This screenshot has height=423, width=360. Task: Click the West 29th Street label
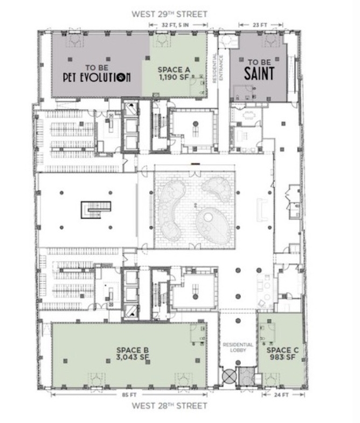pyautogui.click(x=169, y=14)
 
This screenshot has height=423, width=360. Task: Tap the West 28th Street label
pyautogui.click(x=169, y=406)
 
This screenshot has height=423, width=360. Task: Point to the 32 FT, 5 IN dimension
pyautogui.click(x=175, y=25)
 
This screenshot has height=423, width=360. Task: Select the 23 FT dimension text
pyautogui.click(x=260, y=25)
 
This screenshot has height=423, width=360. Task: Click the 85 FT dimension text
pyautogui.click(x=129, y=395)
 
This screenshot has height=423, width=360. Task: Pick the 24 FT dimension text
pyautogui.click(x=281, y=395)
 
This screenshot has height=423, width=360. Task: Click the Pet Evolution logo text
pyautogui.click(x=97, y=77)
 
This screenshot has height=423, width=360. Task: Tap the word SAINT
pyautogui.click(x=259, y=73)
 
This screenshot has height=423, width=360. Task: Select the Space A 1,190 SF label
pyautogui.click(x=174, y=73)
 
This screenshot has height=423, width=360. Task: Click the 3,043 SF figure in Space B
pyautogui.click(x=133, y=357)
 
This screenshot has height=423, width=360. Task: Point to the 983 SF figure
pyautogui.click(x=282, y=357)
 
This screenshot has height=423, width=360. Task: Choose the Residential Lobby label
pyautogui.click(x=238, y=347)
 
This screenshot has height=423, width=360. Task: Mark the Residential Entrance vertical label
pyautogui.click(x=218, y=68)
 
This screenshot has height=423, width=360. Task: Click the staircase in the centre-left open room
pyautogui.click(x=96, y=210)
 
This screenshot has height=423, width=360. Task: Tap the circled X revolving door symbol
pyautogui.click(x=230, y=376)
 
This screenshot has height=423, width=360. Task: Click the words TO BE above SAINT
pyautogui.click(x=259, y=63)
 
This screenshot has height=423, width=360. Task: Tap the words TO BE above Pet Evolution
pyautogui.click(x=97, y=67)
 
